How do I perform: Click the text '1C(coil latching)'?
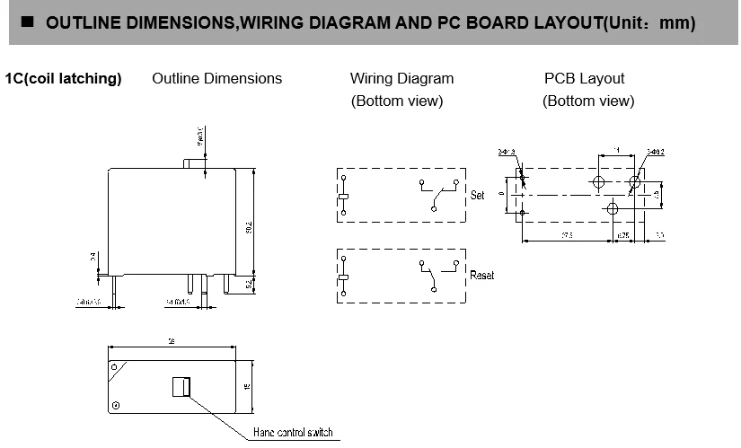tap(63, 79)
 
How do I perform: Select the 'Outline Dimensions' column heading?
tap(216, 79)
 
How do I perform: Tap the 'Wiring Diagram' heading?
tap(401, 79)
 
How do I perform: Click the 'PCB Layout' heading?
tap(584, 79)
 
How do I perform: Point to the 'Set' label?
tap(478, 195)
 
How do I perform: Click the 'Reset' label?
tap(481, 275)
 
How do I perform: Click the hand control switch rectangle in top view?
tap(181, 386)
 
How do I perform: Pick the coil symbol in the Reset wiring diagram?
tap(342, 277)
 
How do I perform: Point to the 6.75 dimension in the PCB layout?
tap(622, 235)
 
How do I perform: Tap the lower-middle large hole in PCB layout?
tap(613, 209)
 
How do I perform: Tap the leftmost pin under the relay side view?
tap(110, 285)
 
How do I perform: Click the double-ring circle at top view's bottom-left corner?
tap(116, 405)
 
